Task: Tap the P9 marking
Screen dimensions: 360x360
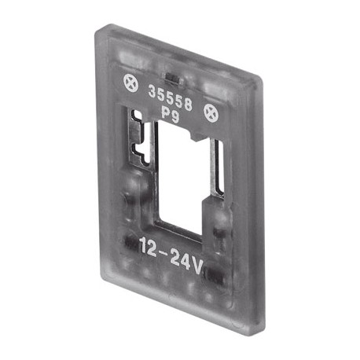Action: coord(171,116)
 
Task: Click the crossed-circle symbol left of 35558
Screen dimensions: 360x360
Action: coord(130,83)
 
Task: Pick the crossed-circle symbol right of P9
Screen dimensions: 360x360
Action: coord(211,113)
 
